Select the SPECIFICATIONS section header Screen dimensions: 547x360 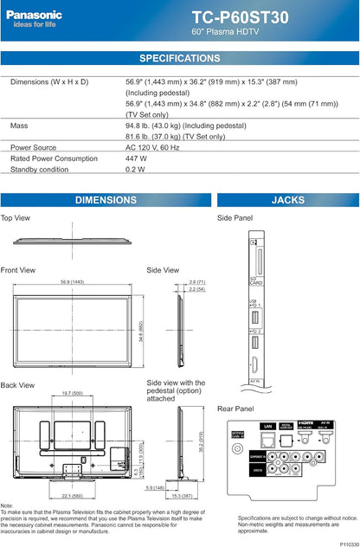click(x=179, y=58)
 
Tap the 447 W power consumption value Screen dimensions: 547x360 click(x=136, y=158)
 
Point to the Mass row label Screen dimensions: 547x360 click(x=18, y=125)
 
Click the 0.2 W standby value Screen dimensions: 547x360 click(x=135, y=170)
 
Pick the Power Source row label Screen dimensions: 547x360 click(x=33, y=147)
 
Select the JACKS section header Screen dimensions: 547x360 click(x=287, y=200)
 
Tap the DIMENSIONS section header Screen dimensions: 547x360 click(x=106, y=200)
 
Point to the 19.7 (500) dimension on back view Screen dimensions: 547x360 click(x=73, y=393)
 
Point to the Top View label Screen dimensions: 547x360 click(x=16, y=218)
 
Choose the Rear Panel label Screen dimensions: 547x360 click(x=235, y=409)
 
